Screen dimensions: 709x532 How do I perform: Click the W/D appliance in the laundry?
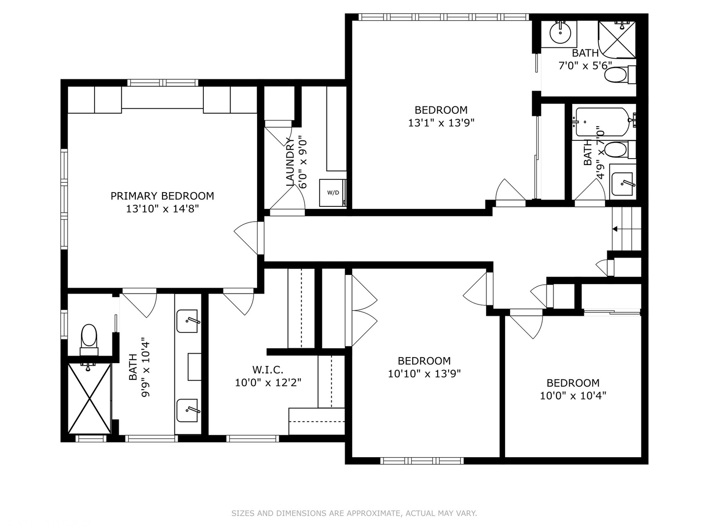point(333,193)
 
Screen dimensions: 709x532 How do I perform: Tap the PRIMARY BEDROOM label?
point(162,196)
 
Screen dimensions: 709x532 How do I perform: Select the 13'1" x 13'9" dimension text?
point(441,123)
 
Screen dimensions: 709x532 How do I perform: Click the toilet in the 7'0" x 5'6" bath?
point(619,75)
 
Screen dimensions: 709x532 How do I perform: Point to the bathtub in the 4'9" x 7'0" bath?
point(603,122)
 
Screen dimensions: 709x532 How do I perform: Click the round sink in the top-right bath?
point(560,33)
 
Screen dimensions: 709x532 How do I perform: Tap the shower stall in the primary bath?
point(89,399)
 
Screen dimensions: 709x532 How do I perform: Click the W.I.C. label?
point(268,369)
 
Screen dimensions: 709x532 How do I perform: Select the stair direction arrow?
point(614,229)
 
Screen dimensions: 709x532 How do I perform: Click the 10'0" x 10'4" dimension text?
point(573,396)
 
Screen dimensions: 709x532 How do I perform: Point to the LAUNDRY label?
point(290,162)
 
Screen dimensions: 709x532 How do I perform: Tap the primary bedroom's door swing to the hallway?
point(246,237)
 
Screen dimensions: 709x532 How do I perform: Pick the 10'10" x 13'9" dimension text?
point(424,374)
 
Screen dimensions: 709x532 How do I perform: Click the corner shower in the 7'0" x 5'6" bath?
point(617,40)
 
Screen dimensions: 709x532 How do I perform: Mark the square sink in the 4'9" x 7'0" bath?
point(623,182)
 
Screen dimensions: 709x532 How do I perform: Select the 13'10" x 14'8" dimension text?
point(162,209)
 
